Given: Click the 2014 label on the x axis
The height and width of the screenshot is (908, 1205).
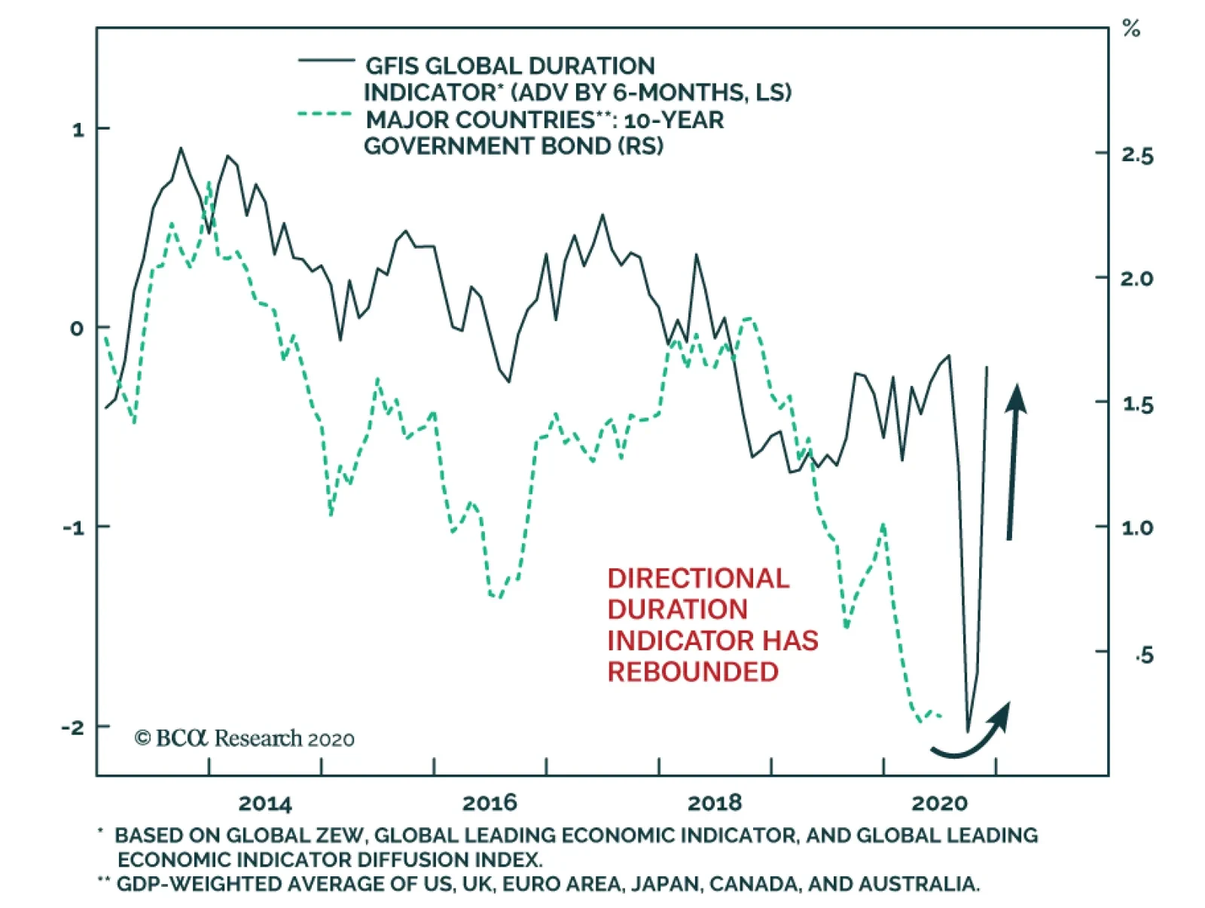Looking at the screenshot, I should pos(264,803).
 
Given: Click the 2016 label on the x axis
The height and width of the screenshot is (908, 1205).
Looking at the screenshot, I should pos(490,803).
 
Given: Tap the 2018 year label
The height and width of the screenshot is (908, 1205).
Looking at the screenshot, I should pos(714,803).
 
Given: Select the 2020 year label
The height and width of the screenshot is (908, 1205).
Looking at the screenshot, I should pos(939,803).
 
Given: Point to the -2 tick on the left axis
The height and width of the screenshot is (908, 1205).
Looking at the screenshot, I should pos(73,727).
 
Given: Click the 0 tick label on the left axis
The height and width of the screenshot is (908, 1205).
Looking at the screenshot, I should pos(77,329).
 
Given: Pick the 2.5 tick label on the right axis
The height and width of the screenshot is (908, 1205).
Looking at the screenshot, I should pos(1136,155).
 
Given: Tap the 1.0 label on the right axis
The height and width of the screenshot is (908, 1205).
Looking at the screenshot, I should pos(1136,527).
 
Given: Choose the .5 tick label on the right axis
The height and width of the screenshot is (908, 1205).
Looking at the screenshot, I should pos(1143,655).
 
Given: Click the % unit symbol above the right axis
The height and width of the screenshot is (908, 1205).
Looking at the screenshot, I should pos(1130,29).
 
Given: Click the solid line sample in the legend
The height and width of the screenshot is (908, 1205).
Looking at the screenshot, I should pos(326,60).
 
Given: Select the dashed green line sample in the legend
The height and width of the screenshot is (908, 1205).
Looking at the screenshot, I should pos(325,115).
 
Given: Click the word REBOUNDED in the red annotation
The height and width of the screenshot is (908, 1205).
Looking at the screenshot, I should pos(693,671).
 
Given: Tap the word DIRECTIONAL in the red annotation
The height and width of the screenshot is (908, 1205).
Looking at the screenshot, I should pos(698,578).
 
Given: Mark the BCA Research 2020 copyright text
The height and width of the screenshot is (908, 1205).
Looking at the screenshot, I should pos(245,738).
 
